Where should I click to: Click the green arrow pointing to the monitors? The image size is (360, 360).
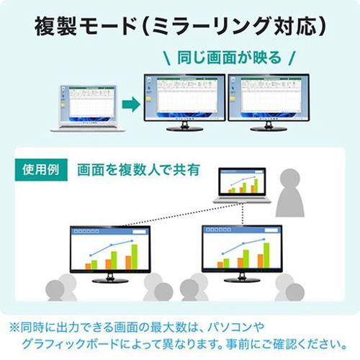tap(131, 104)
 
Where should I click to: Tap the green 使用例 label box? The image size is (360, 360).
tap(41, 170)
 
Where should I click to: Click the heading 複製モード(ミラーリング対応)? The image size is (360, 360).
tap(180, 26)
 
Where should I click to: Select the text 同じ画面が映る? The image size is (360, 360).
tap(229, 58)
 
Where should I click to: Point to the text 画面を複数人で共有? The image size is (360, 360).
tap(138, 170)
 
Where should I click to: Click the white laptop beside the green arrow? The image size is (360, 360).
tap(88, 108)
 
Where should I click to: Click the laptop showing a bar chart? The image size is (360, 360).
tap(243, 185)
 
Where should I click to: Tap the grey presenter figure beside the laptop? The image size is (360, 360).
tap(290, 192)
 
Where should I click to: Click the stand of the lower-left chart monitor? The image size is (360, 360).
tap(110, 279)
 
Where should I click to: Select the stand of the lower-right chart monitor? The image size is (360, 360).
tap(242, 278)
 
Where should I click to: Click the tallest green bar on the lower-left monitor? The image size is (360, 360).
tap(135, 256)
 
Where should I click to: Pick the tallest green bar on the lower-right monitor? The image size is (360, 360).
tap(266, 255)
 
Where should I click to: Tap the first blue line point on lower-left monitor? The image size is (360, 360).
tap(91, 256)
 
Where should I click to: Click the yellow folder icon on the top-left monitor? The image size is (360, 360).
tap(149, 99)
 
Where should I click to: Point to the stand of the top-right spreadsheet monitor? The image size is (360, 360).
tap(269, 127)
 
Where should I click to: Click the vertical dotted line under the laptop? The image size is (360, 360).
tap(243, 215)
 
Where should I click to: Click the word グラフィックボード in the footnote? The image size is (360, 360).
tap(71, 344)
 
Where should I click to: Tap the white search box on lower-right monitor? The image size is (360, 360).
tap(271, 230)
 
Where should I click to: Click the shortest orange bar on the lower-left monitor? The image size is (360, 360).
tap(88, 266)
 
